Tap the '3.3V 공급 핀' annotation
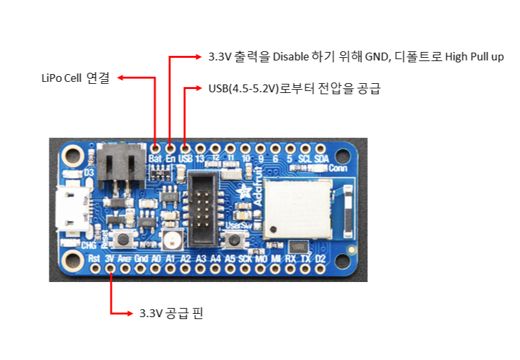[171, 314]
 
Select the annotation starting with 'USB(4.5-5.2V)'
[294, 89]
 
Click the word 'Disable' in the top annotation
[291, 57]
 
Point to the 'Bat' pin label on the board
[155, 159]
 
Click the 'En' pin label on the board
[171, 159]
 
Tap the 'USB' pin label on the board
[186, 159]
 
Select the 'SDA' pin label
[321, 159]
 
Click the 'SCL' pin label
[305, 159]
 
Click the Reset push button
[121, 238]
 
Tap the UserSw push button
[234, 240]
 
